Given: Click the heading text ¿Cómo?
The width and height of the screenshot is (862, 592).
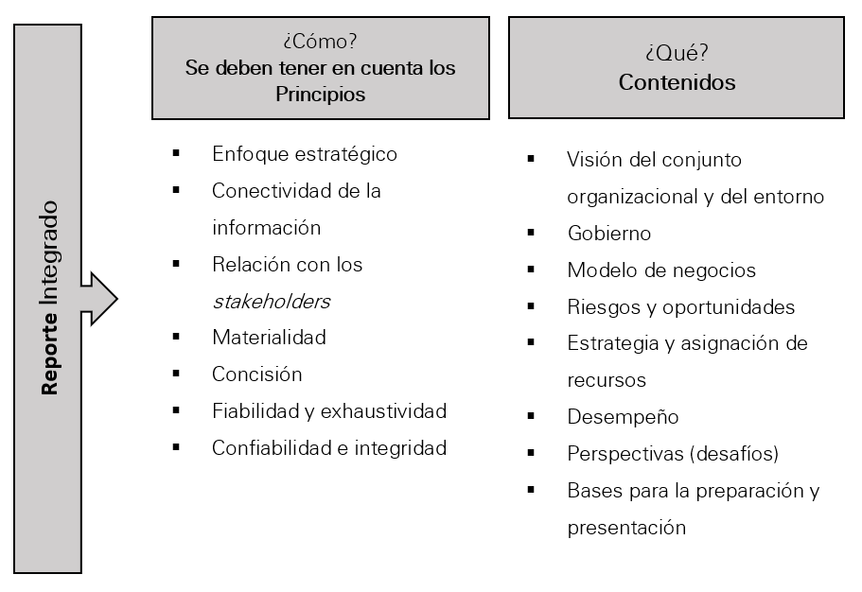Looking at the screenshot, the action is (x=321, y=42).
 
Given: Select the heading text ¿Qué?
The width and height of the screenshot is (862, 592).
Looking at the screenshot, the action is (x=677, y=53).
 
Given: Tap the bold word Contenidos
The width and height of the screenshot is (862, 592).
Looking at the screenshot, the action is (x=677, y=82).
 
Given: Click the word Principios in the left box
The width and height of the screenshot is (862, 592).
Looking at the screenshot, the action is (x=321, y=95).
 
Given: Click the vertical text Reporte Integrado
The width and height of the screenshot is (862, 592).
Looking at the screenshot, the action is (x=49, y=298).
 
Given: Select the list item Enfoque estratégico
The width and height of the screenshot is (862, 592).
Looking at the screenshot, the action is (x=305, y=154).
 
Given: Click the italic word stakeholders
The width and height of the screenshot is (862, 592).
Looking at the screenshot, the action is (x=272, y=302).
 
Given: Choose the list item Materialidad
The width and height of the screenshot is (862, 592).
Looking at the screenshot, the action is (x=270, y=338).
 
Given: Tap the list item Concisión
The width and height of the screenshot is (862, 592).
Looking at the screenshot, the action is (x=257, y=374).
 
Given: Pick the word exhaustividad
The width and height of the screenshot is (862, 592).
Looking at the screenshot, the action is (x=384, y=411).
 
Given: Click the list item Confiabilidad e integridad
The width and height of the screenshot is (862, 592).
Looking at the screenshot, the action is (x=329, y=448).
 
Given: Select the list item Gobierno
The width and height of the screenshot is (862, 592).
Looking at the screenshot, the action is (x=609, y=234).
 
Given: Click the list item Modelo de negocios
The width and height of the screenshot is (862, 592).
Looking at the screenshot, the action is (x=661, y=270).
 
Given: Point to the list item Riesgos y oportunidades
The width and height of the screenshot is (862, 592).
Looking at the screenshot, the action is (x=681, y=307).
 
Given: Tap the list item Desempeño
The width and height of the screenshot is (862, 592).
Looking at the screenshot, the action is (x=623, y=417).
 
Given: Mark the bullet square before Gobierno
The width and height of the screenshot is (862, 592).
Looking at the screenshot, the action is (x=531, y=233).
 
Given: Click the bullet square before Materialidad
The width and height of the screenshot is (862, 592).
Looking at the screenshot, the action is (x=176, y=337).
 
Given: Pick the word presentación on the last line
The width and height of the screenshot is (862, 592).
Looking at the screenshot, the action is (x=626, y=528).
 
